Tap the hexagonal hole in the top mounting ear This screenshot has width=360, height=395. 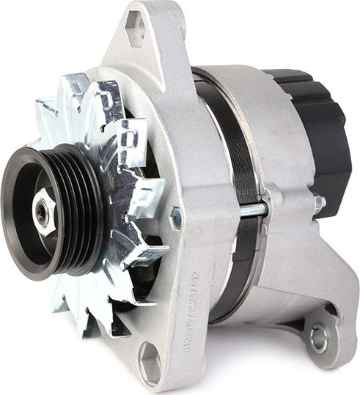click(x=136, y=28)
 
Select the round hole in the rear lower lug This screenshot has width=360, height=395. click(x=318, y=338)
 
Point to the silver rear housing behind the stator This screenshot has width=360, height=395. click(x=286, y=242)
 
